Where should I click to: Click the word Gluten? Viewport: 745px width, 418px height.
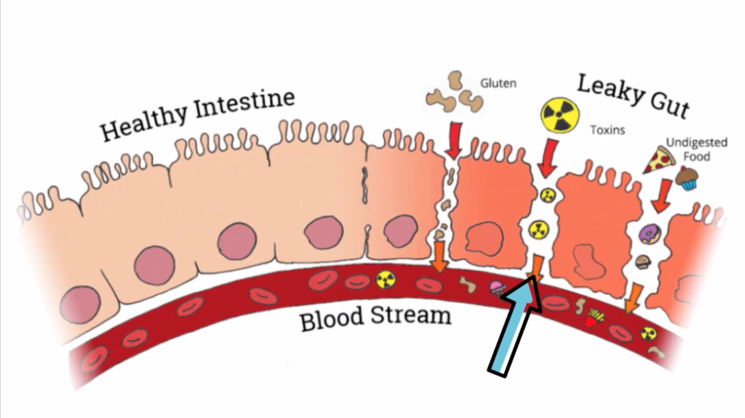498,84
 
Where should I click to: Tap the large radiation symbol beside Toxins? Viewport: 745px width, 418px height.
558,116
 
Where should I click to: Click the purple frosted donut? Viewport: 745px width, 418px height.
647,234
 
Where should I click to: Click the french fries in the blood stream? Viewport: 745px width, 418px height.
592,318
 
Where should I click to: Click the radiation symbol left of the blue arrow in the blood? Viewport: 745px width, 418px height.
384,279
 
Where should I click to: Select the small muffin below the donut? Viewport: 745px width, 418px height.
642,261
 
